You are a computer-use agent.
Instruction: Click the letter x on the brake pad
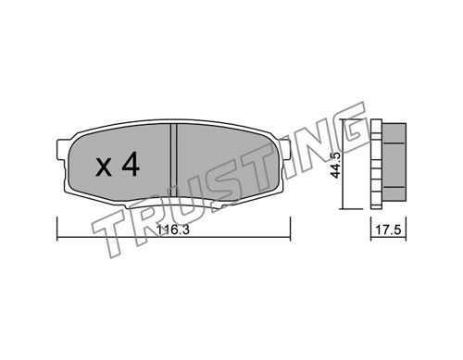[104, 168]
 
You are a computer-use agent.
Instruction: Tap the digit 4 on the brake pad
[131, 165]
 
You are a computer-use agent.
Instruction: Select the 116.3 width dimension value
[172, 230]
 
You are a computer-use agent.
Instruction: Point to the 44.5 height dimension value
[335, 165]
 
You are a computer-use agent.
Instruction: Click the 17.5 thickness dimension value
[388, 230]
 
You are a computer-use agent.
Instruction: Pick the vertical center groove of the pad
[173, 160]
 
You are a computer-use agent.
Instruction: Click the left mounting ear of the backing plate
[61, 150]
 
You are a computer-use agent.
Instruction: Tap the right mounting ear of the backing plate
[284, 150]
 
